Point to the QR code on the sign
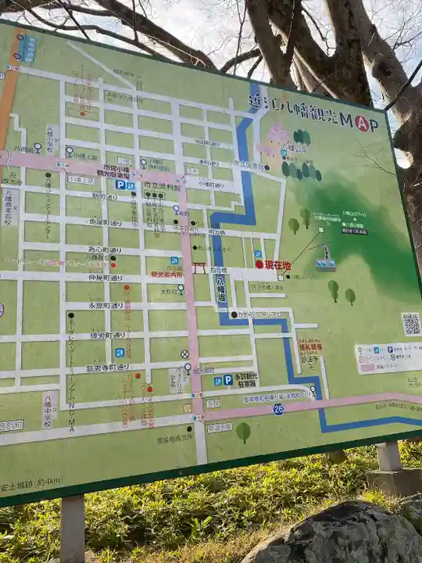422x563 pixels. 410,324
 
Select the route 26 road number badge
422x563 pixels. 278,409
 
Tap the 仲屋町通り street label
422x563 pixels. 105,278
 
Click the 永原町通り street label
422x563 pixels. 106,306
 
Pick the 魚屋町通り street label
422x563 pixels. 105,222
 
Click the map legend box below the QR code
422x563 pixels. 388,358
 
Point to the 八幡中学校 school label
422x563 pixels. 48,409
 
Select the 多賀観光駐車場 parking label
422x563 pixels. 245,379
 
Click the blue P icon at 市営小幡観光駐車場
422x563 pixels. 120,185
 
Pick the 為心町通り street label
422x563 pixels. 105,250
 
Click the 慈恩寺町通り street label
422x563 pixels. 106,368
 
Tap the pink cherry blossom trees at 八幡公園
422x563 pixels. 277,134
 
